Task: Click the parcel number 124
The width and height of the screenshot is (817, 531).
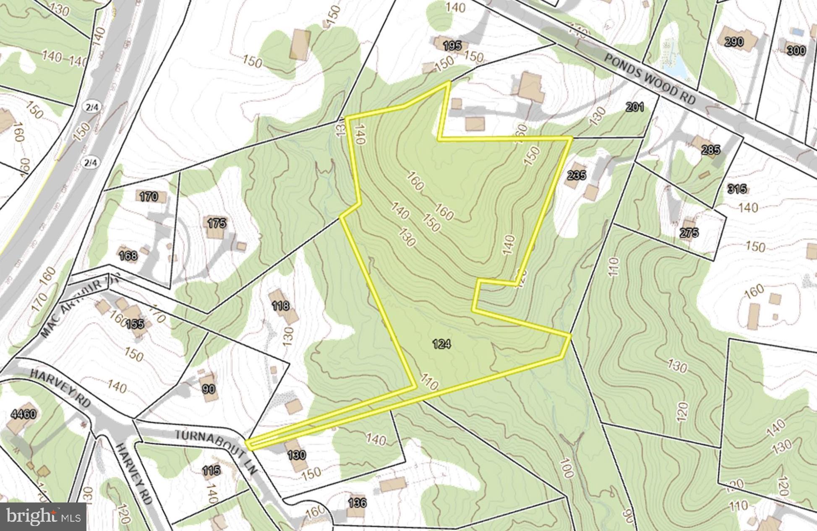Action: (x=441, y=344)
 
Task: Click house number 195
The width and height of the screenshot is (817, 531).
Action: (x=452, y=45)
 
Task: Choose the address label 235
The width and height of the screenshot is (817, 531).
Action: (x=576, y=175)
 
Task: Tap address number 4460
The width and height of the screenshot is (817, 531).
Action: (x=23, y=414)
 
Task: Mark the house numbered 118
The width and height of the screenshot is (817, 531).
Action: (x=280, y=305)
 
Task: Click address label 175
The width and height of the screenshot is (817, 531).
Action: (x=217, y=223)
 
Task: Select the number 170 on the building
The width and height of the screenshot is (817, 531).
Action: (x=149, y=196)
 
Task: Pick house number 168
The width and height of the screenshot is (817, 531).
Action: (x=128, y=255)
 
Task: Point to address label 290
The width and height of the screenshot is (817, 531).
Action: (x=734, y=42)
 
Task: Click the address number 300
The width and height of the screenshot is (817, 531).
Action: (x=796, y=51)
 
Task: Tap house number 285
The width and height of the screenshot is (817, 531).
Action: (x=710, y=150)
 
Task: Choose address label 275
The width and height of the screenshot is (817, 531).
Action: (x=689, y=233)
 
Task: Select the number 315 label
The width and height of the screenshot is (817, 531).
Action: (x=737, y=189)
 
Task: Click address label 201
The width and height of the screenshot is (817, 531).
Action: (x=634, y=107)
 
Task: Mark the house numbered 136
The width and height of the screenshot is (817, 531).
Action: (x=357, y=502)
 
